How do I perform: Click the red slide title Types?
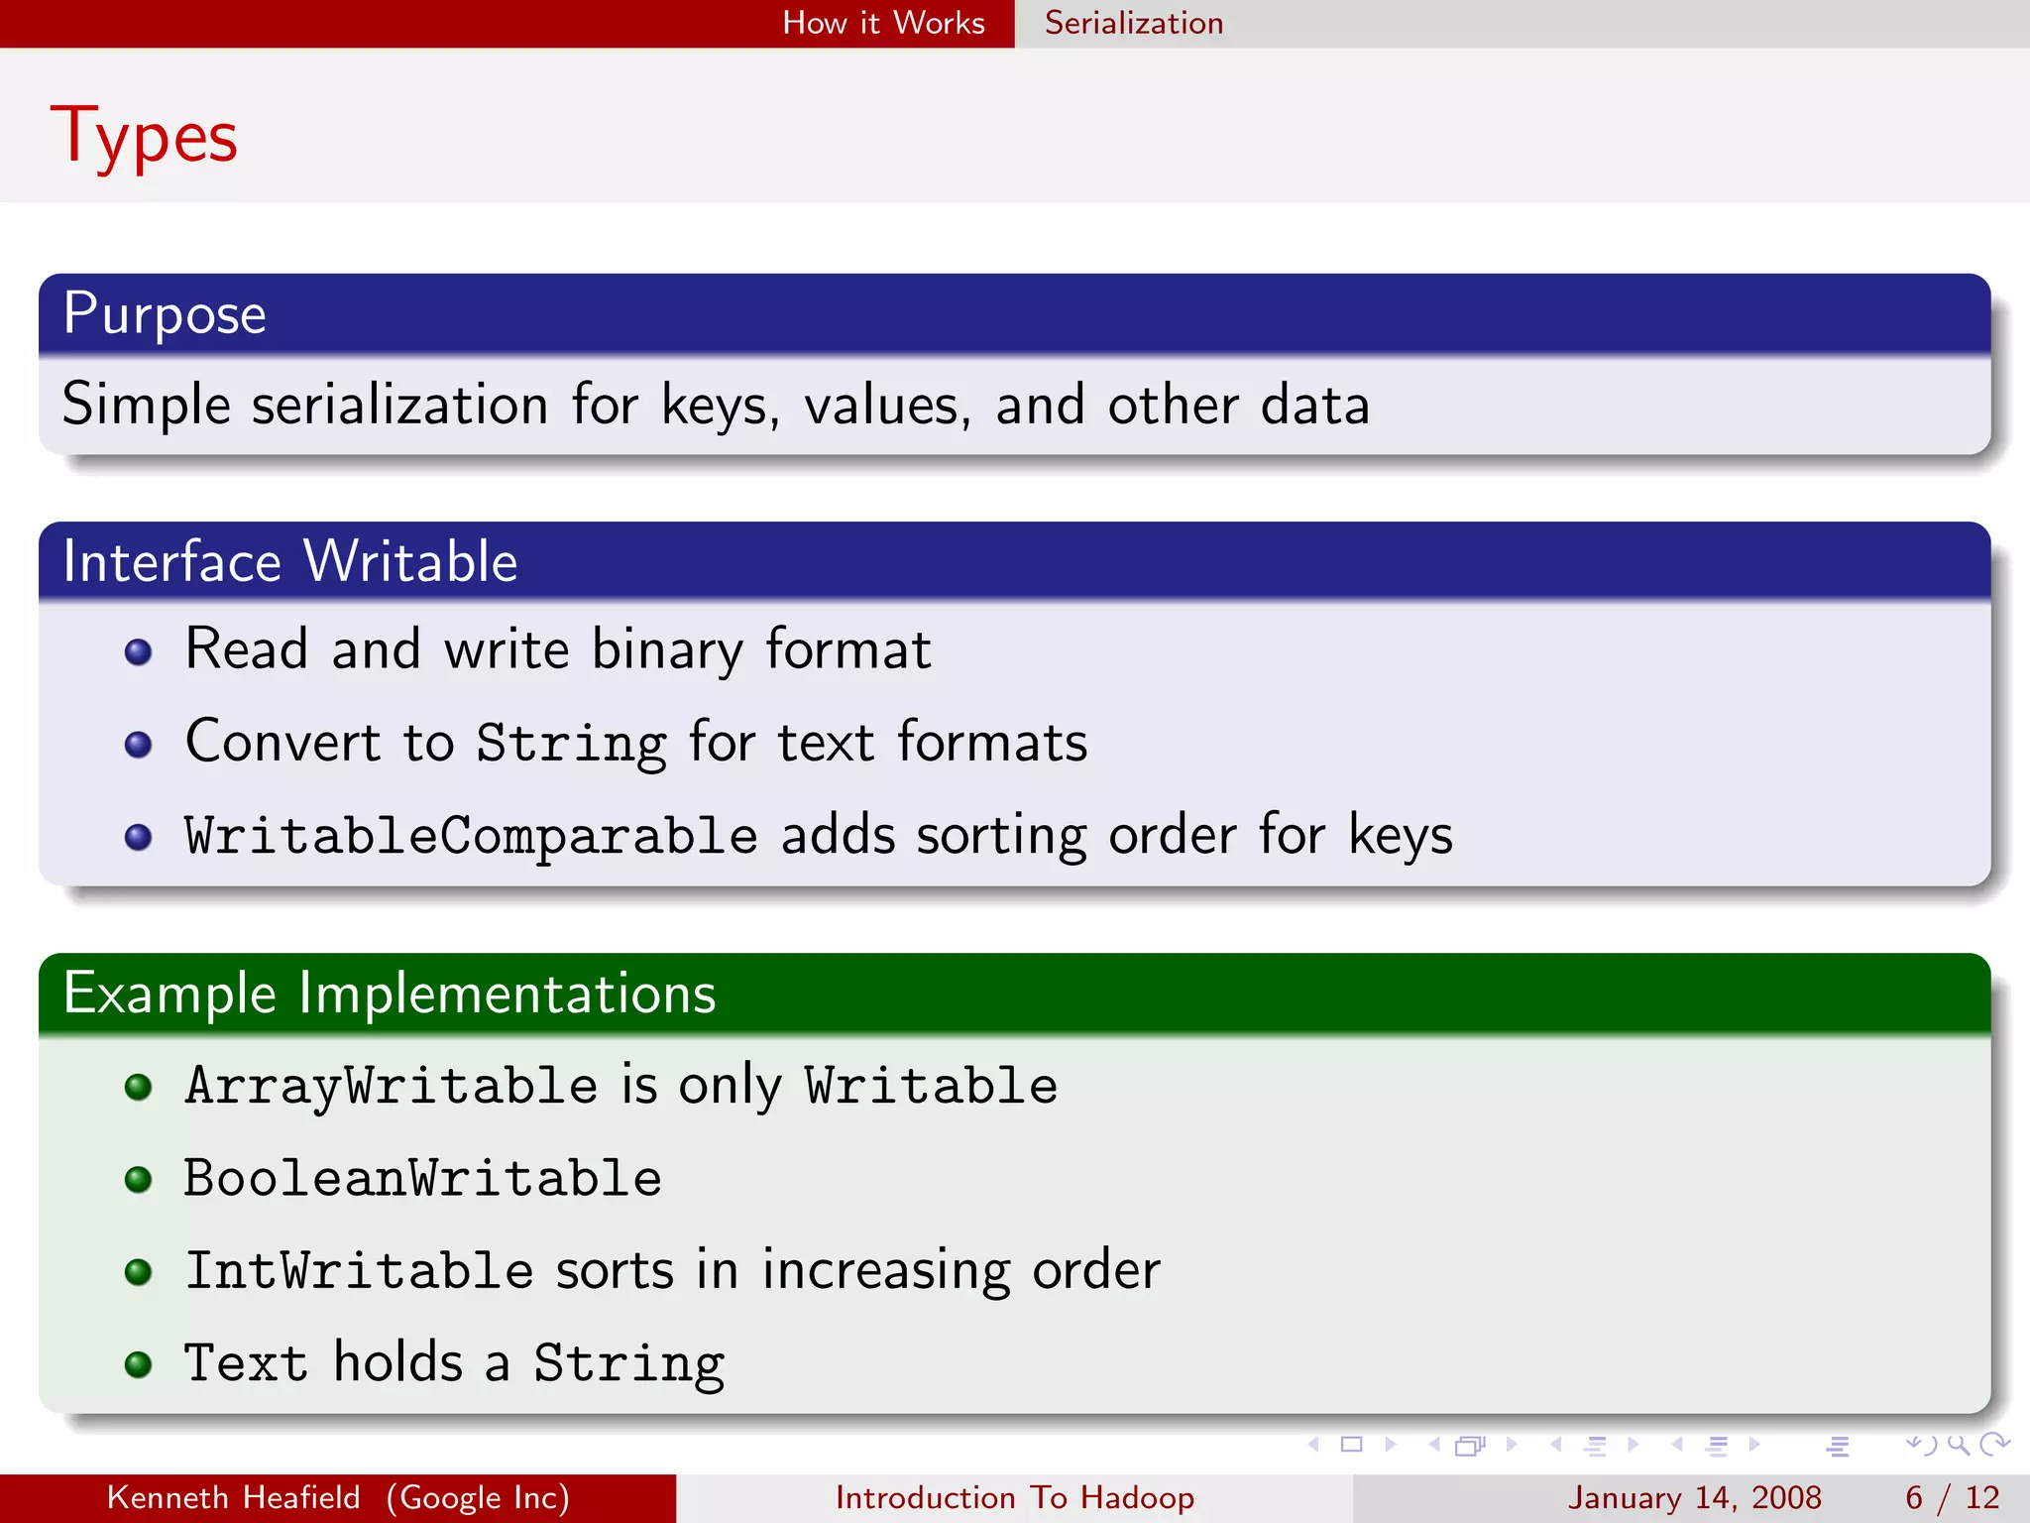point(145,137)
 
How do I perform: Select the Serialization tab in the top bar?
point(1133,23)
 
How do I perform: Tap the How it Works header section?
point(883,23)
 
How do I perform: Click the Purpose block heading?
point(165,314)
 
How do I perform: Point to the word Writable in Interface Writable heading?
point(410,561)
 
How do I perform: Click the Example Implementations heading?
point(389,994)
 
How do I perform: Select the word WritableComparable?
point(471,835)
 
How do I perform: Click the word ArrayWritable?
point(392,1085)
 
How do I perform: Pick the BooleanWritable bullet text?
point(422,1178)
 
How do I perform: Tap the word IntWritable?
point(359,1270)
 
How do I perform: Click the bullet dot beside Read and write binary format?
point(139,651)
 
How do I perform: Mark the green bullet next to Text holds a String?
point(139,1364)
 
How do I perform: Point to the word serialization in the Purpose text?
point(399,405)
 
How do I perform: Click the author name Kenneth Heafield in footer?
point(233,1497)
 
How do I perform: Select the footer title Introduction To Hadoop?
point(1014,1497)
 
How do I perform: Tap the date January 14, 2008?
point(1694,1497)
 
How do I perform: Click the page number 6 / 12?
point(1952,1497)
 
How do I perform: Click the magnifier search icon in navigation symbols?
point(1958,1445)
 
